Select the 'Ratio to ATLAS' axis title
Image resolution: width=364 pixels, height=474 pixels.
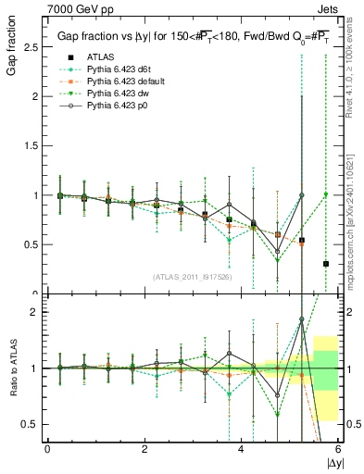point(12,368)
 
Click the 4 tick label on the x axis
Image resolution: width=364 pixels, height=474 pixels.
point(241,449)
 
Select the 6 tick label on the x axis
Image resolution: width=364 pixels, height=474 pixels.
point(338,449)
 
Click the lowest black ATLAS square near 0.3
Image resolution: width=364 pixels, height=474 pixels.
point(326,264)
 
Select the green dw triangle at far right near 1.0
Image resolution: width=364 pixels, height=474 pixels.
point(326,194)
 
